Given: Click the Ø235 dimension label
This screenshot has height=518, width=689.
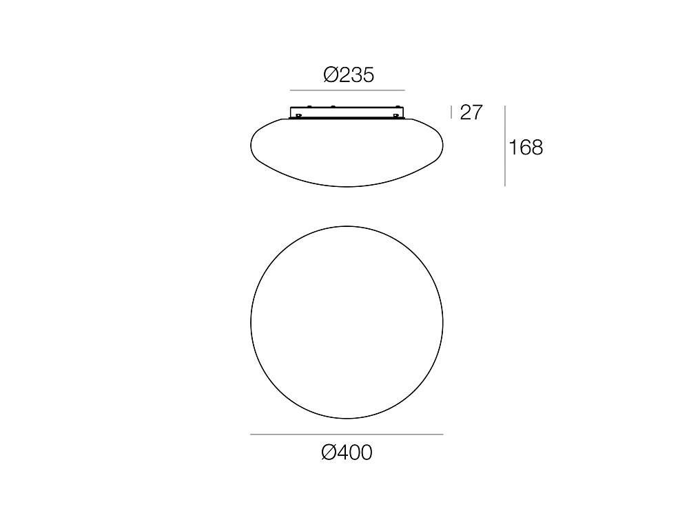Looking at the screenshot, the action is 349,74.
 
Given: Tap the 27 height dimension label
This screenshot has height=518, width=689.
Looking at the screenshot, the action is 471,112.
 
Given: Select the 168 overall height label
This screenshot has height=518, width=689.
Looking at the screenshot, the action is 526,148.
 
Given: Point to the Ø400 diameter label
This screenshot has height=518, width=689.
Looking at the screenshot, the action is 347,452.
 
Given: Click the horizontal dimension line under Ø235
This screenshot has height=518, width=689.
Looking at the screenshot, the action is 347,90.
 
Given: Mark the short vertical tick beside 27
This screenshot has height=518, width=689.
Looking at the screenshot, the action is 451,112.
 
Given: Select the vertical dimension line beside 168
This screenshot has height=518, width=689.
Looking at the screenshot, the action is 505,146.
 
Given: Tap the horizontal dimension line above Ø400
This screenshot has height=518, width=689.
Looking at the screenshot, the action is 347,435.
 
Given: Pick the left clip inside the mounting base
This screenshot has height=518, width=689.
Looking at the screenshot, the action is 298,116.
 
